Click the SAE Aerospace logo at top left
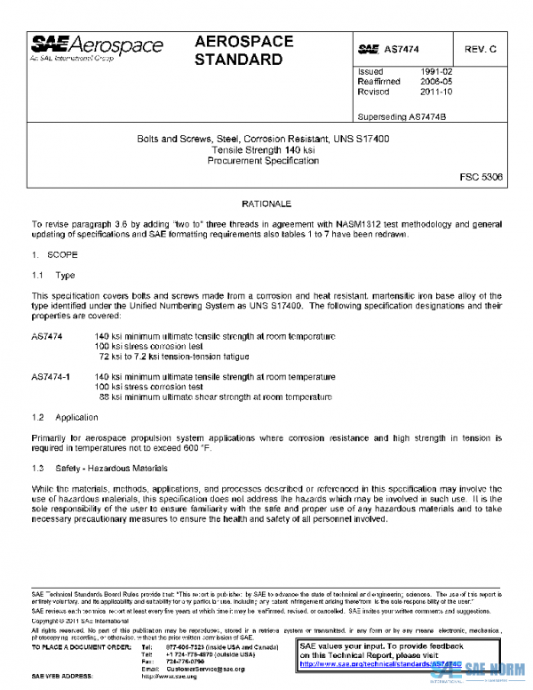98,48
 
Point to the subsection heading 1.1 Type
53,277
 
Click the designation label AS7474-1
51,377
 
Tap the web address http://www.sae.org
169,676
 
